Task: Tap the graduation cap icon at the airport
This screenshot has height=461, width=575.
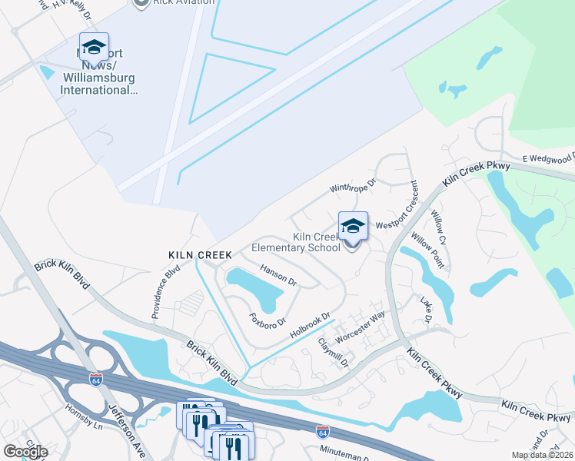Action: coord(94,48)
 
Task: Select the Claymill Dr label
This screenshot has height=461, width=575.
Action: coord(333,353)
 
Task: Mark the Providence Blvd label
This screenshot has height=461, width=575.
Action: coord(166,292)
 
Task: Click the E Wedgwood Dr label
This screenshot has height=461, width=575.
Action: coord(548,159)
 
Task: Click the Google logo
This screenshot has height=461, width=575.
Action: coord(25,452)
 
